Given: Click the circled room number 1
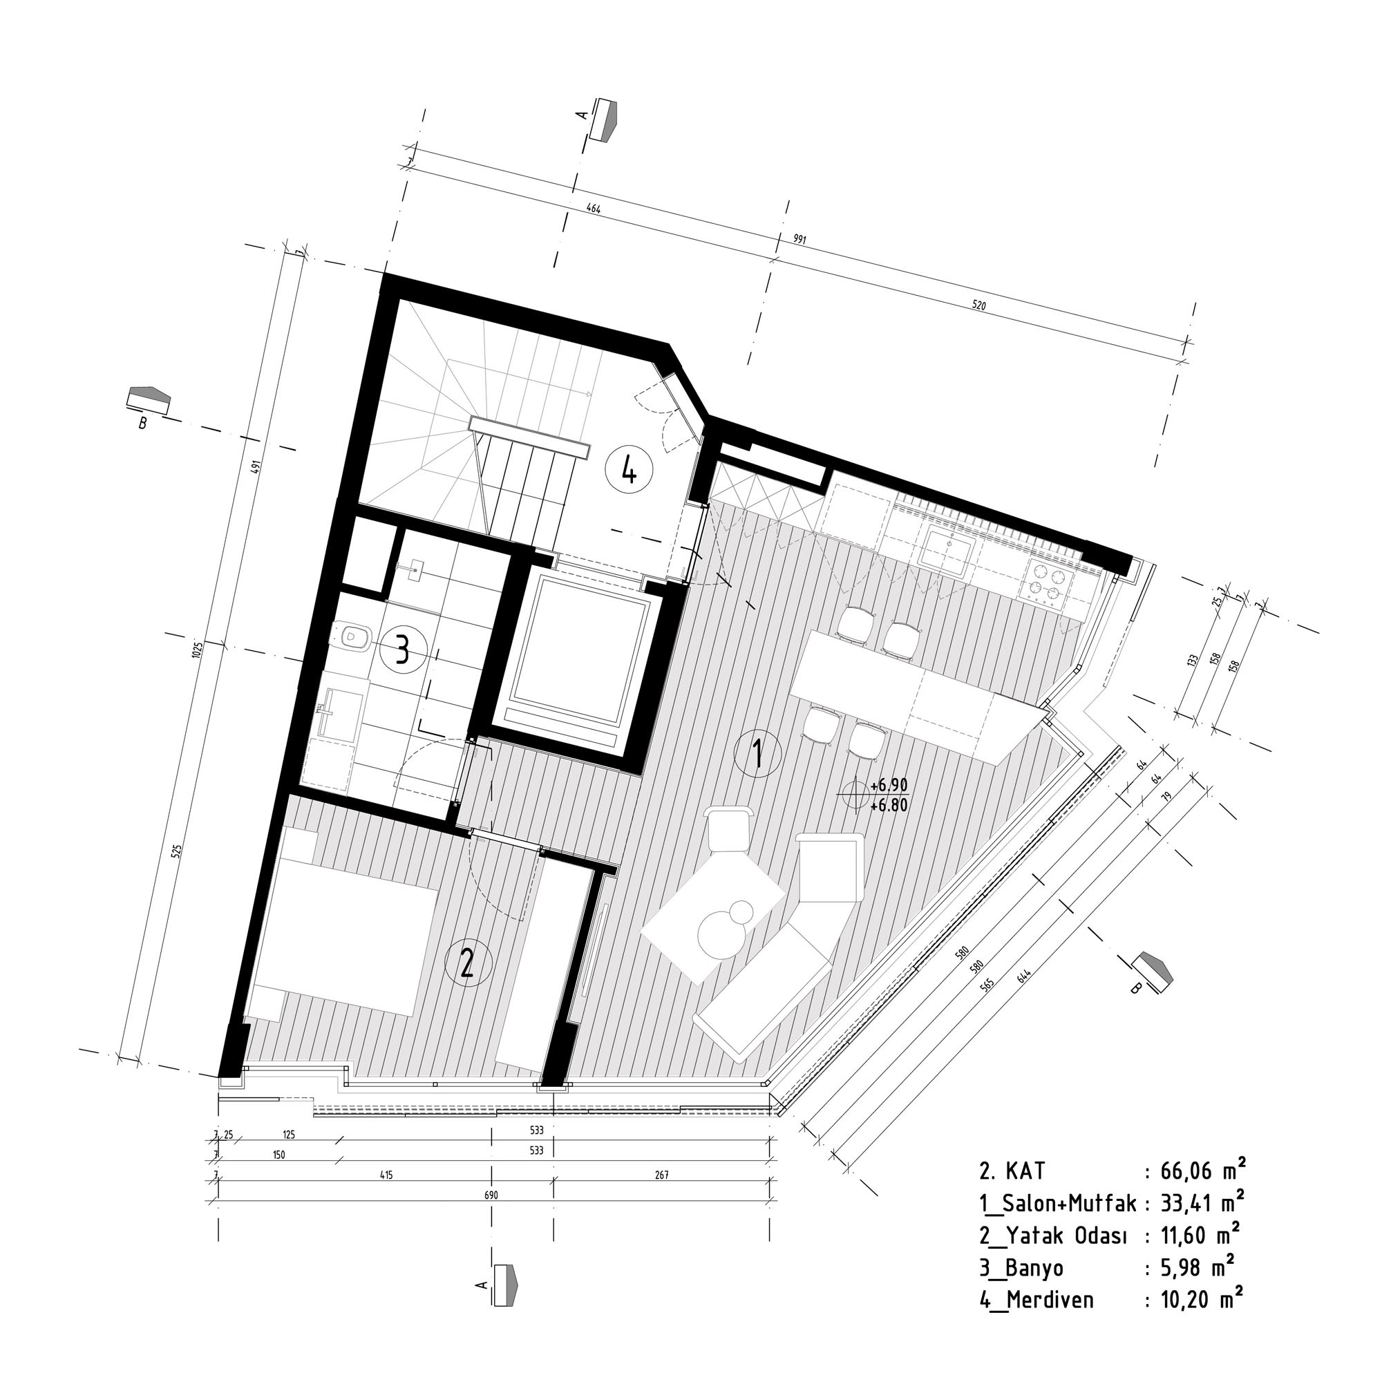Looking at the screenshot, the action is pos(758,753).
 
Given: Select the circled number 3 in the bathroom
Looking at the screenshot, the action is pos(403,651).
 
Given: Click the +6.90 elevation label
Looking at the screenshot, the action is pos(889,786).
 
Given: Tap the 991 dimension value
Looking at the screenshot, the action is pos(799,240).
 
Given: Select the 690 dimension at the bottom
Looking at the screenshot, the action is pos(491,1195).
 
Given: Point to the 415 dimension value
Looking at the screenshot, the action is pos(387,1175).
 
